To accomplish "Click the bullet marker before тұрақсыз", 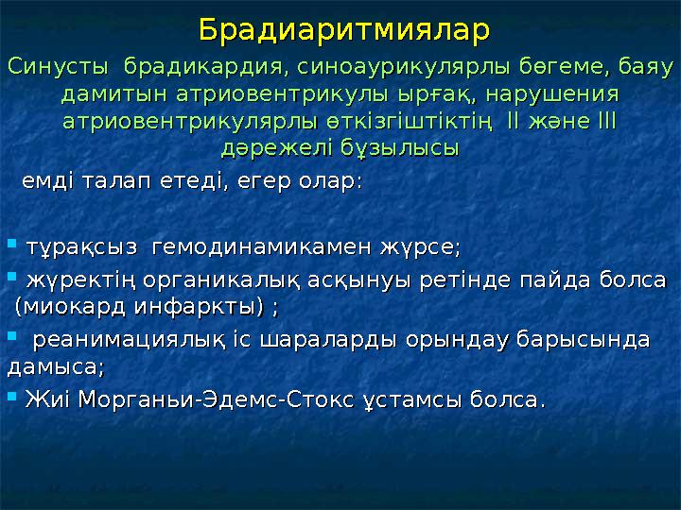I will click(11, 247).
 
